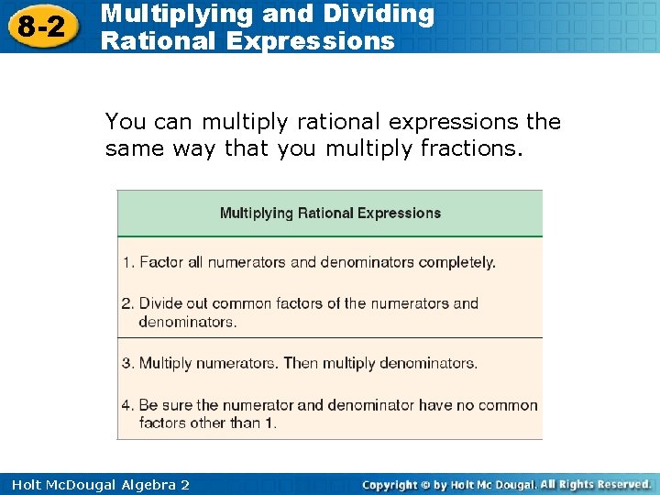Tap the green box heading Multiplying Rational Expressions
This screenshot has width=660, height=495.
tap(330, 214)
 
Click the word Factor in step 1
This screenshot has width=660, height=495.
tap(161, 262)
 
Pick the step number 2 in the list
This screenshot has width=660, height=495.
tap(126, 303)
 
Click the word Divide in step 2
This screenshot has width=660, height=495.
tap(161, 303)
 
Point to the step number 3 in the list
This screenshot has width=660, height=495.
tap(126, 363)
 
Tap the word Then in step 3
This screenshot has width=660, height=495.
tap(300, 363)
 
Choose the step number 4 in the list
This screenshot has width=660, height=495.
tap(126, 405)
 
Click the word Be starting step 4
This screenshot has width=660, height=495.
tap(148, 405)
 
